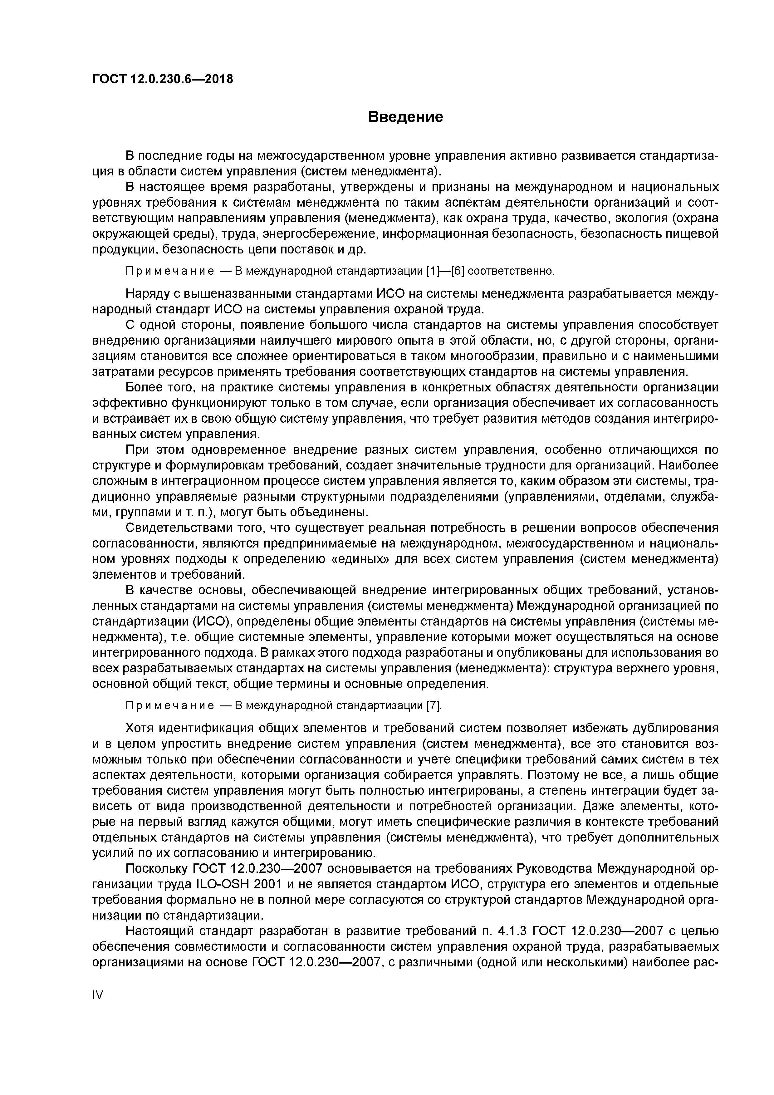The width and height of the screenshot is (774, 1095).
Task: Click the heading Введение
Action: point(405,117)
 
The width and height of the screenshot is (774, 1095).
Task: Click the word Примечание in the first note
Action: point(169,271)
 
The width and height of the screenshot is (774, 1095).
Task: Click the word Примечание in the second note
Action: point(169,705)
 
